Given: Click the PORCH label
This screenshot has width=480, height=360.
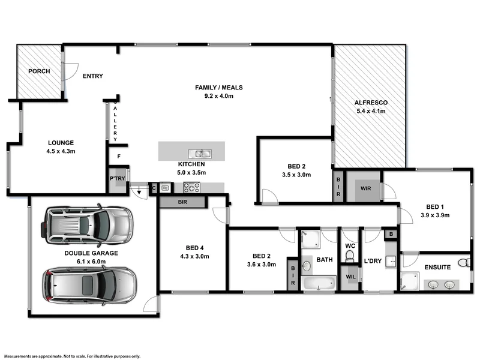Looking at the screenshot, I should point(38,71).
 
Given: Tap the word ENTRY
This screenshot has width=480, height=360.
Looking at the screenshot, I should point(93,76).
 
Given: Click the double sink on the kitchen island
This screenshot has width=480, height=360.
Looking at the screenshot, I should point(198,152).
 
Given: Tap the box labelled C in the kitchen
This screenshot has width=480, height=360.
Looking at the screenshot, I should point(154,188).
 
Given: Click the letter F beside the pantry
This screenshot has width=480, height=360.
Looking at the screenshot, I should point(119,157).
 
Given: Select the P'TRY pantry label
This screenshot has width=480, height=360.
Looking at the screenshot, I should point(116,179).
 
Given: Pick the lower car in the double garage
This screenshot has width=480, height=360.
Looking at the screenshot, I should point(90,284).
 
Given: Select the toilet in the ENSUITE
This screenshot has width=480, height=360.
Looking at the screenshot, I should point(463,262).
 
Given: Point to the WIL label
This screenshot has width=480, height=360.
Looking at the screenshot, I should point(350,277).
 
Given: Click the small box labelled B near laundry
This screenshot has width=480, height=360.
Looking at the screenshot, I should point(391,234).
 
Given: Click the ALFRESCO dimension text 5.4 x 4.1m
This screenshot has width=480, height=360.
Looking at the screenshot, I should point(370,111).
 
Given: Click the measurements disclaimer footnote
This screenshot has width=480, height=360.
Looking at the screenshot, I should point(71,356).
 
